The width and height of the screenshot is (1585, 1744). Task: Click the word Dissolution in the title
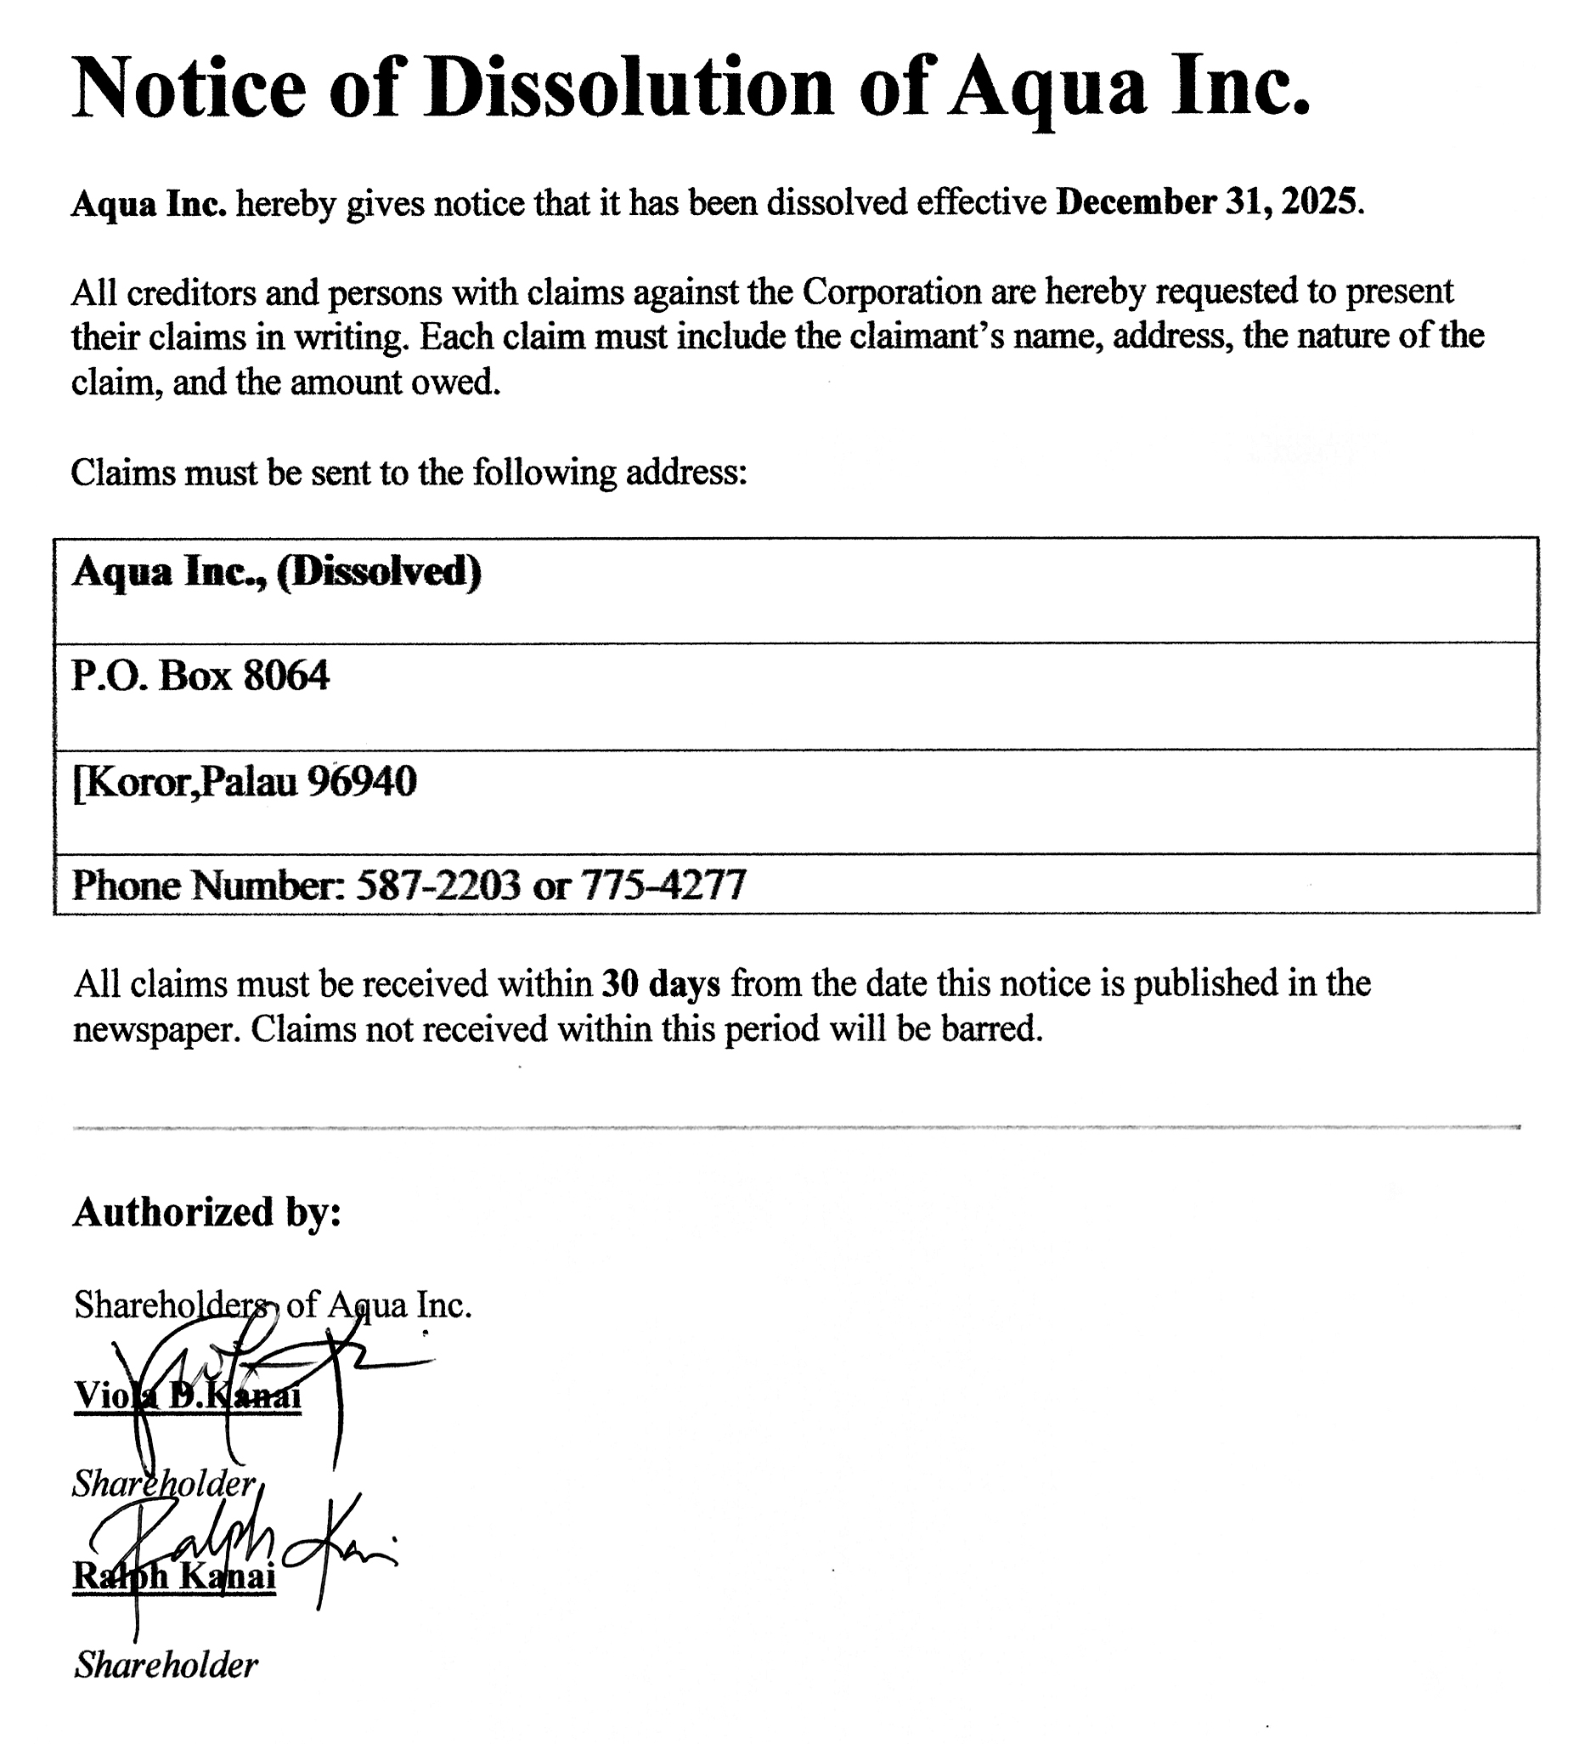tap(629, 88)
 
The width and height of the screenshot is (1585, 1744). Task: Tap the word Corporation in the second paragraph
tap(891, 292)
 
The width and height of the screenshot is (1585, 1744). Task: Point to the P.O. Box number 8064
tap(286, 676)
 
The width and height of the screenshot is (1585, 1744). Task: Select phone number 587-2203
tap(438, 885)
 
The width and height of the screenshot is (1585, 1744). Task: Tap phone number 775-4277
tap(663, 885)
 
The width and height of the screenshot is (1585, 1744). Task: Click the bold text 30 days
tap(661, 984)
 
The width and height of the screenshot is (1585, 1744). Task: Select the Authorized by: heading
tap(207, 1212)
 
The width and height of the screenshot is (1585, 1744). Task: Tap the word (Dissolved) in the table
tap(379, 572)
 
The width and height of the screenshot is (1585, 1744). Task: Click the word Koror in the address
tap(138, 782)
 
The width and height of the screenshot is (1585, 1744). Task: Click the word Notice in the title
tap(189, 88)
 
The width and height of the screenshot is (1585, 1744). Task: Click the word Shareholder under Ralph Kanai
tap(166, 1665)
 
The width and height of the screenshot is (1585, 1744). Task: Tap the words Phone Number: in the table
tap(208, 885)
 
